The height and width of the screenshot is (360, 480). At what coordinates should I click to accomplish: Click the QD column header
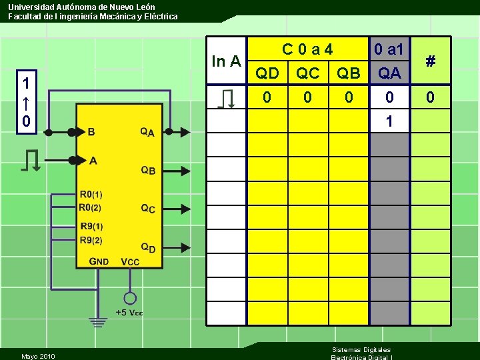point(267,73)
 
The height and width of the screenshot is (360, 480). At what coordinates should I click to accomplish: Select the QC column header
point(307,73)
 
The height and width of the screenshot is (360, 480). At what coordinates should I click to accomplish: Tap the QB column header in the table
point(349,73)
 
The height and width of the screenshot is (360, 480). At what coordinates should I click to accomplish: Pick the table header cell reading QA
point(389,73)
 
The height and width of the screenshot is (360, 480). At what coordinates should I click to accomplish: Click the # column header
point(431,61)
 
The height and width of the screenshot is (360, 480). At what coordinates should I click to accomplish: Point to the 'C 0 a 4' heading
point(307,49)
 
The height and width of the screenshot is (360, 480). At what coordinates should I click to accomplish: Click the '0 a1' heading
point(389,49)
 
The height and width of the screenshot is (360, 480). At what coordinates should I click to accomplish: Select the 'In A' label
point(226,61)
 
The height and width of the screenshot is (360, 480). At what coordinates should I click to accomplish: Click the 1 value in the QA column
point(389,121)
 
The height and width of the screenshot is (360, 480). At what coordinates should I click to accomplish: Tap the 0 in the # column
point(431,98)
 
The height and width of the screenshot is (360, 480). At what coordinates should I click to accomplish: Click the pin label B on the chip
point(91,132)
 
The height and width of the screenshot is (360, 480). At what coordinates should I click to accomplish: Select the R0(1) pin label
point(91,195)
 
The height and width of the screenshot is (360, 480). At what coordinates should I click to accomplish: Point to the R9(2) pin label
point(91,240)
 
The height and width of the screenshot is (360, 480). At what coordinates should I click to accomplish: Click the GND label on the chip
point(99,261)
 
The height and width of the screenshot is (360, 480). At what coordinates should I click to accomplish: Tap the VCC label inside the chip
point(130,261)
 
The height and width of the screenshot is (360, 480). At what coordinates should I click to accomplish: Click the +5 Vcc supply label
point(129,313)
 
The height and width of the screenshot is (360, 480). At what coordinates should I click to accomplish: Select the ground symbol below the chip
point(99,323)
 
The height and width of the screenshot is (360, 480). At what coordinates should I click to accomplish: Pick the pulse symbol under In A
point(227,99)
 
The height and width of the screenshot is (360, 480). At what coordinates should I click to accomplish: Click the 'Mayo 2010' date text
point(38,356)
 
